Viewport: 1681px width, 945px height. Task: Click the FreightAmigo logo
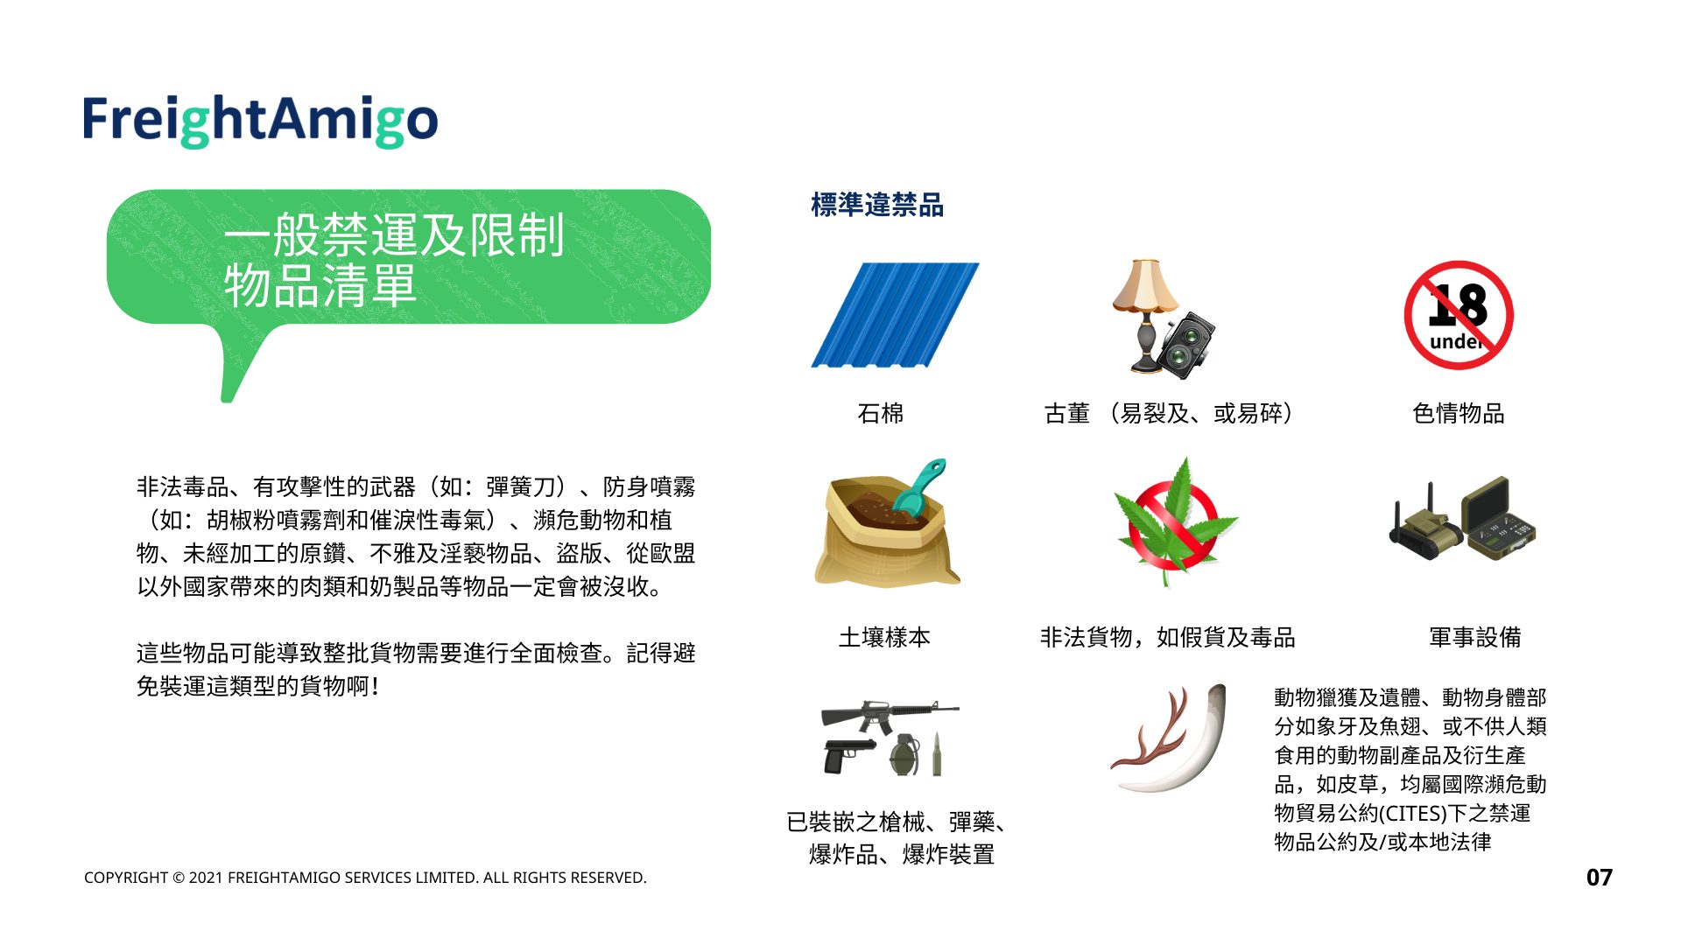pos(260,121)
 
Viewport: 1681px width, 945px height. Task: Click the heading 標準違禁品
pos(877,205)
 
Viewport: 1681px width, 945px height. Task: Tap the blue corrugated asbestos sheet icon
pos(895,315)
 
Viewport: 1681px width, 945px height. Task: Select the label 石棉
pos(881,413)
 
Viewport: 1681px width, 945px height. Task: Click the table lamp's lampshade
pos(1145,286)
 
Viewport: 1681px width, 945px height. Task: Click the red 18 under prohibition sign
pos(1459,315)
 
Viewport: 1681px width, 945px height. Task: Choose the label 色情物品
pos(1459,413)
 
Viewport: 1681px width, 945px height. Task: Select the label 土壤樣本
pos(884,637)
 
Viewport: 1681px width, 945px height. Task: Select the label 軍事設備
pos(1475,637)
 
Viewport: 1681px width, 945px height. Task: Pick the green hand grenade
pos(905,755)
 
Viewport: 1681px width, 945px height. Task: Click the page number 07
pos(1599,878)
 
